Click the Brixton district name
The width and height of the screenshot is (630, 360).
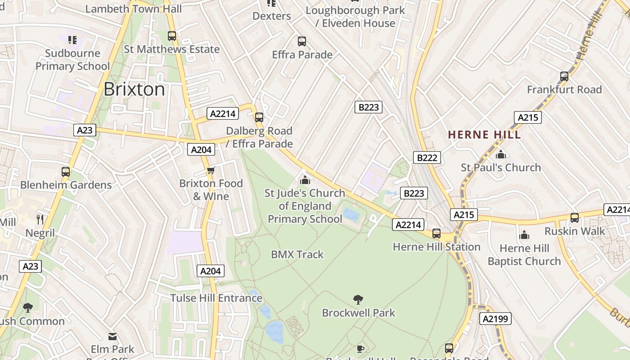[x=134, y=90]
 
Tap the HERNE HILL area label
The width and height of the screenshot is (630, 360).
[x=485, y=135]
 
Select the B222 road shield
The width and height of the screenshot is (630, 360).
[x=427, y=157]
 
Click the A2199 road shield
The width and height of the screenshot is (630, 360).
[x=495, y=319]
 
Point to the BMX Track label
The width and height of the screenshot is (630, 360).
[x=297, y=255]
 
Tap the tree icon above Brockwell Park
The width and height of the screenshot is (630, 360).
[x=358, y=299]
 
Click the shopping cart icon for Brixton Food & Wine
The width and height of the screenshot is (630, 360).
[x=211, y=171]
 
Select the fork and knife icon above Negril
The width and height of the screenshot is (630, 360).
[x=40, y=220]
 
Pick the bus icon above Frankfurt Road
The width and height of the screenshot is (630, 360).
[x=564, y=76]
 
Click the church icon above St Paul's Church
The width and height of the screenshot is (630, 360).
[x=501, y=154]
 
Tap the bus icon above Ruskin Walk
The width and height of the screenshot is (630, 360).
[x=575, y=218]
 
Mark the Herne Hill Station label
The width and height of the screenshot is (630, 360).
[x=436, y=247]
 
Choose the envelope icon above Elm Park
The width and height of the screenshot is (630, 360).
[x=112, y=336]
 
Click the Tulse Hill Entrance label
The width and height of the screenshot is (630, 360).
[x=216, y=298]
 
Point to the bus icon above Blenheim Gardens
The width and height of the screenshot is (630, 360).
[x=66, y=171]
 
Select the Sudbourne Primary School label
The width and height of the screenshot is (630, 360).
[x=72, y=60]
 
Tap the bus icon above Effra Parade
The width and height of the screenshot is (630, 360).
[x=302, y=41]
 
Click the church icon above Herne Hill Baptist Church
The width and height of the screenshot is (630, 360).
[x=524, y=235]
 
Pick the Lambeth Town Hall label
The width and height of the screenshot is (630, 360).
[x=134, y=9]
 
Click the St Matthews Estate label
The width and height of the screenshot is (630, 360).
[x=172, y=49]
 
